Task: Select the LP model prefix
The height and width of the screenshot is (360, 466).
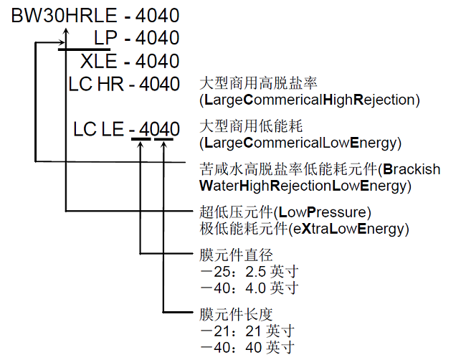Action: click(x=105, y=37)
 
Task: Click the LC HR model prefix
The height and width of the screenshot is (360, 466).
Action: click(x=96, y=84)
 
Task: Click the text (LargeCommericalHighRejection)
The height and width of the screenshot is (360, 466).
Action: click(x=309, y=99)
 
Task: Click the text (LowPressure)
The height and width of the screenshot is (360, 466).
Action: click(x=323, y=213)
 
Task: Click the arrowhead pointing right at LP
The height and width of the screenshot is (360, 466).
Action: click(x=60, y=42)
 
